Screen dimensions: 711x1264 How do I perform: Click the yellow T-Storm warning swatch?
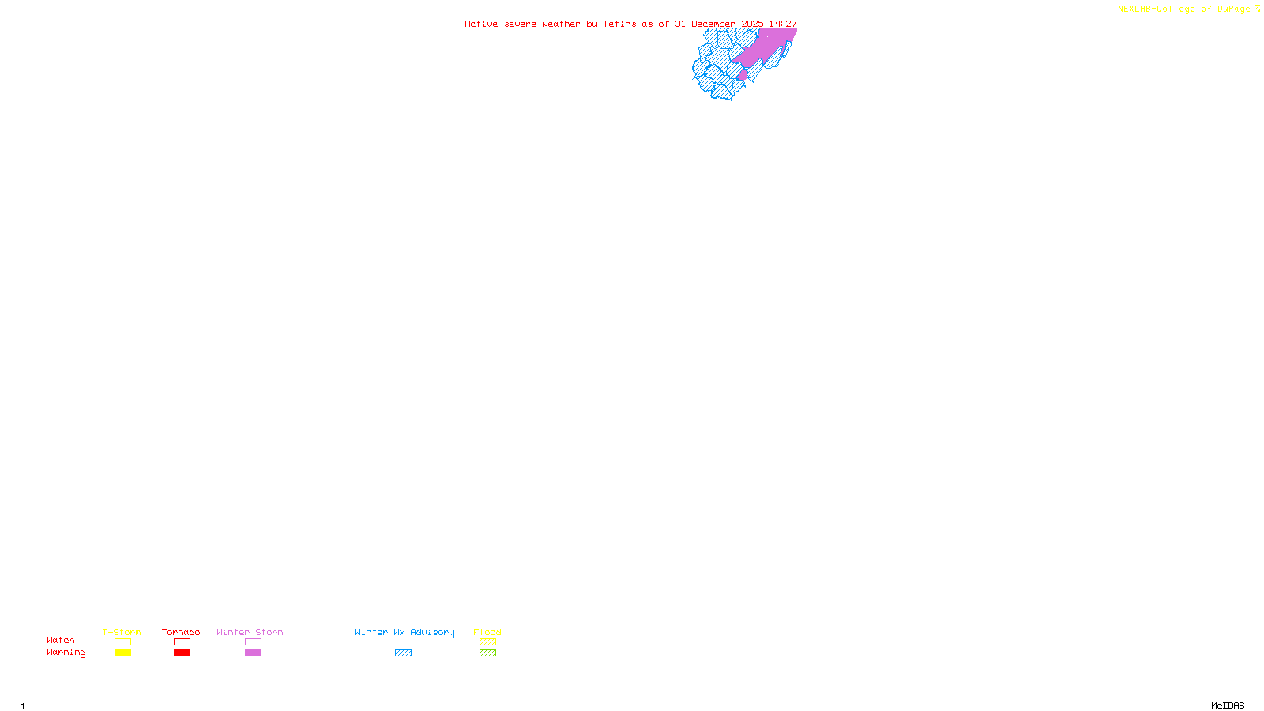point(122,653)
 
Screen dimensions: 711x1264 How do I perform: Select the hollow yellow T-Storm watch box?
point(122,642)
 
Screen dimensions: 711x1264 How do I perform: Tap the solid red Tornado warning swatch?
point(182,653)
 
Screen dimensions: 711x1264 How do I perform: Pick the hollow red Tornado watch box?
point(182,642)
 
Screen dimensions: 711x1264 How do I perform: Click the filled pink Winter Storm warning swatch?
point(253,653)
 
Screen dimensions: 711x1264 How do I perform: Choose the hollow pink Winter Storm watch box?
point(253,642)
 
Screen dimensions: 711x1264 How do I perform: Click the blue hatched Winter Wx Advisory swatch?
point(403,653)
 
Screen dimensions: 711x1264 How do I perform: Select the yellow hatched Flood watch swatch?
point(487,642)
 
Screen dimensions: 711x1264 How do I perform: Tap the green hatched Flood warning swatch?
point(487,653)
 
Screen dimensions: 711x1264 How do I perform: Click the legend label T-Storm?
point(122,632)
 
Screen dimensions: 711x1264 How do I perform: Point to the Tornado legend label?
point(181,632)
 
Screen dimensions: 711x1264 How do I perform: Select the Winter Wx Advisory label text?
point(404,632)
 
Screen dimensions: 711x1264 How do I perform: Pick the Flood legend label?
point(487,632)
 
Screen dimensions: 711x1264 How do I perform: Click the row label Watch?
point(61,640)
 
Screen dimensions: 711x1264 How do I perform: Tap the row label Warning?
point(66,653)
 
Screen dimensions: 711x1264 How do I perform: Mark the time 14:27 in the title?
point(783,24)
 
